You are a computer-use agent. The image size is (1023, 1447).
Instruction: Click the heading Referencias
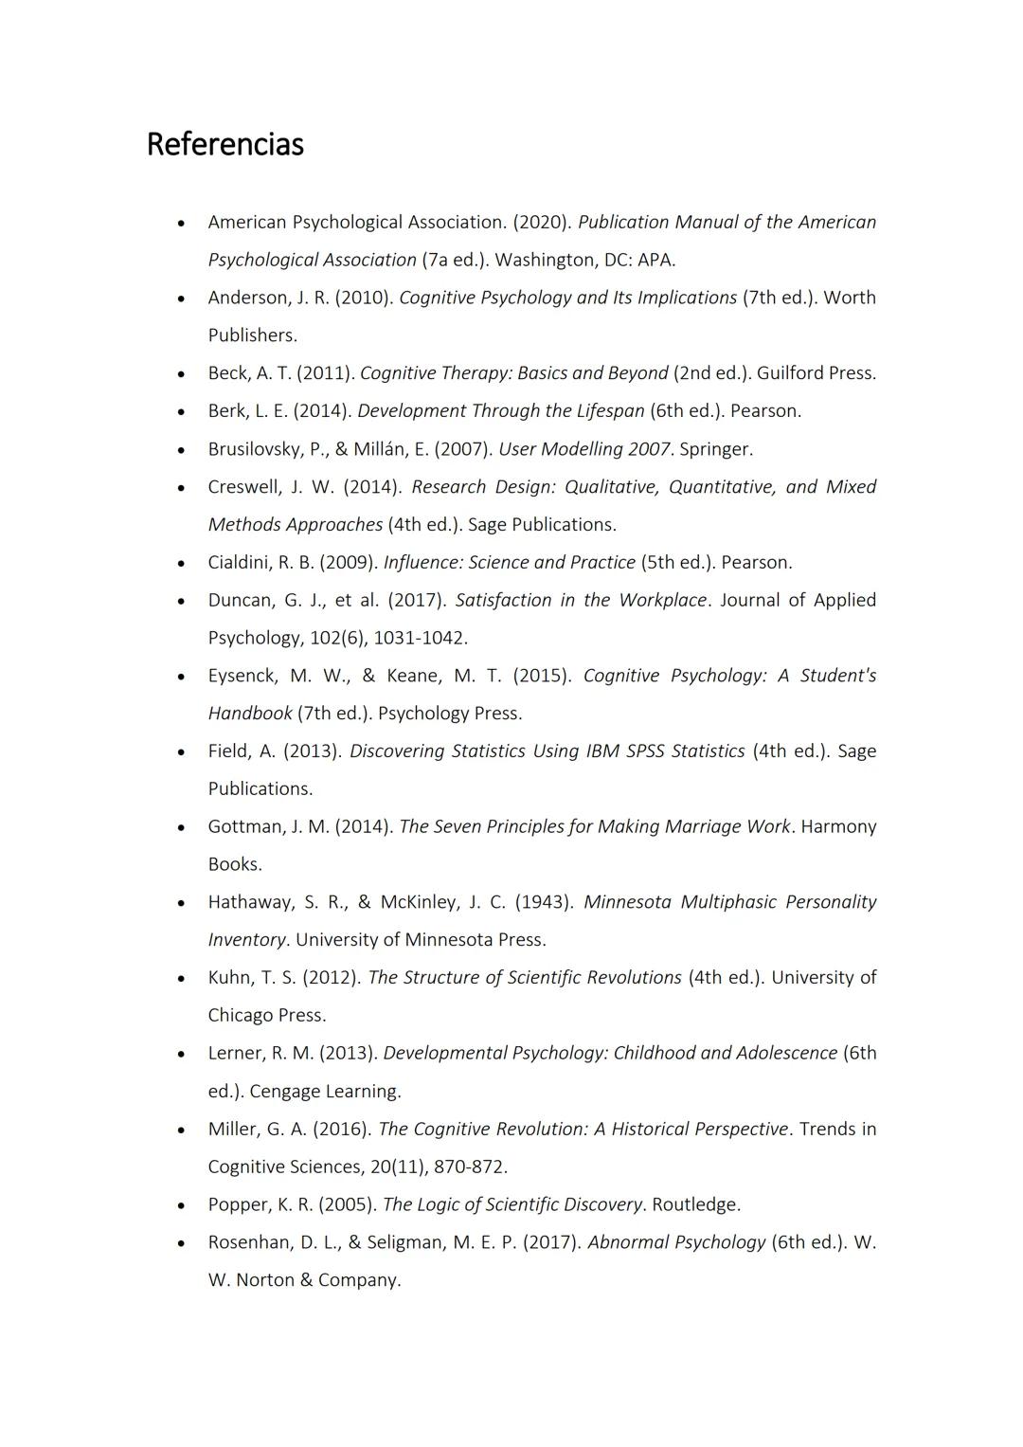224,144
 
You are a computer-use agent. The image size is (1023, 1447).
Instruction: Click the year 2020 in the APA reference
542,222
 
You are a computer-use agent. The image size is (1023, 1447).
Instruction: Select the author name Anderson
248,298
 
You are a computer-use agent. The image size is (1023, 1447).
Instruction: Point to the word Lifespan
610,411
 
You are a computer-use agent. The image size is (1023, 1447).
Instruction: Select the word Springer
715,449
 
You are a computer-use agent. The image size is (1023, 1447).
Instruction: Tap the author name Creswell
242,487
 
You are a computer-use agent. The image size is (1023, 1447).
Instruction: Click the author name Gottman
245,826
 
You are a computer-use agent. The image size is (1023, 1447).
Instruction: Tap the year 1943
544,902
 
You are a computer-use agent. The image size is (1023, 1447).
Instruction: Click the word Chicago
240,1015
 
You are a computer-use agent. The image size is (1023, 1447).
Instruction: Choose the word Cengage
284,1091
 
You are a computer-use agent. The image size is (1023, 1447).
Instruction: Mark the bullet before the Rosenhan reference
180,1243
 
